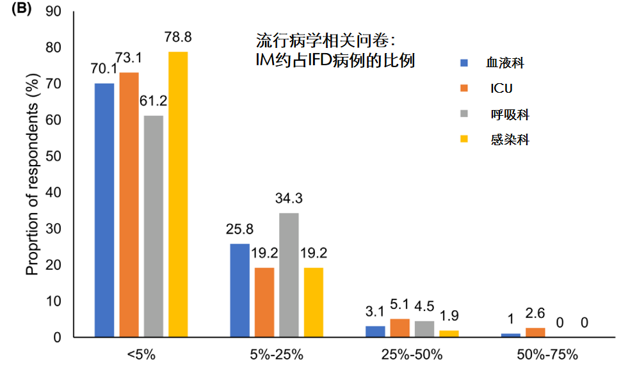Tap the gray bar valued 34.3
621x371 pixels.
point(289,275)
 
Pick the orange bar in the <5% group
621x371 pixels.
point(129,205)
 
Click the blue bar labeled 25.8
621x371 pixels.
point(239,290)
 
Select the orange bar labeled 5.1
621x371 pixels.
point(400,328)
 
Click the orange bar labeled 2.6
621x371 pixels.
point(535,333)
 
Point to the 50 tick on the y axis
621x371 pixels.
point(59,156)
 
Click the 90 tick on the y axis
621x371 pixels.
point(59,12)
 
